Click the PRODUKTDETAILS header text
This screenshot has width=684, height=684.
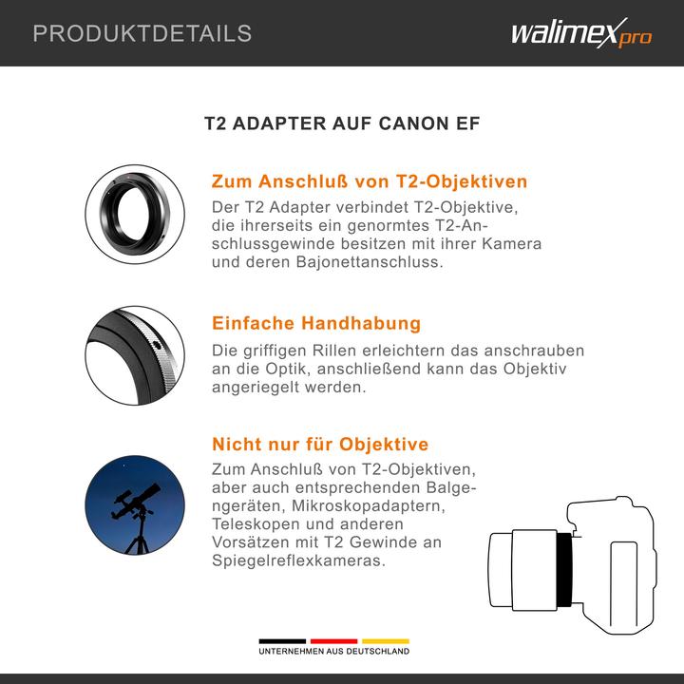click(142, 34)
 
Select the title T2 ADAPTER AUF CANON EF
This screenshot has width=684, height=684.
click(342, 124)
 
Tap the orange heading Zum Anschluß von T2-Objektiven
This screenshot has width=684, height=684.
click(369, 181)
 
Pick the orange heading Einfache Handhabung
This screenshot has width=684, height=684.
click(315, 323)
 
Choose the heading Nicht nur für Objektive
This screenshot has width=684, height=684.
click(319, 444)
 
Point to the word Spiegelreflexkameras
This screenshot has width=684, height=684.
click(298, 560)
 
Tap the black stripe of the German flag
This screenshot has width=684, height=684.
click(282, 640)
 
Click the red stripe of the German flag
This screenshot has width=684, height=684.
click(333, 640)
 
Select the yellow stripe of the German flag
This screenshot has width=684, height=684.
click(385, 640)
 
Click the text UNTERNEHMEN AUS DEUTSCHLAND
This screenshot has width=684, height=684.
click(333, 652)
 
